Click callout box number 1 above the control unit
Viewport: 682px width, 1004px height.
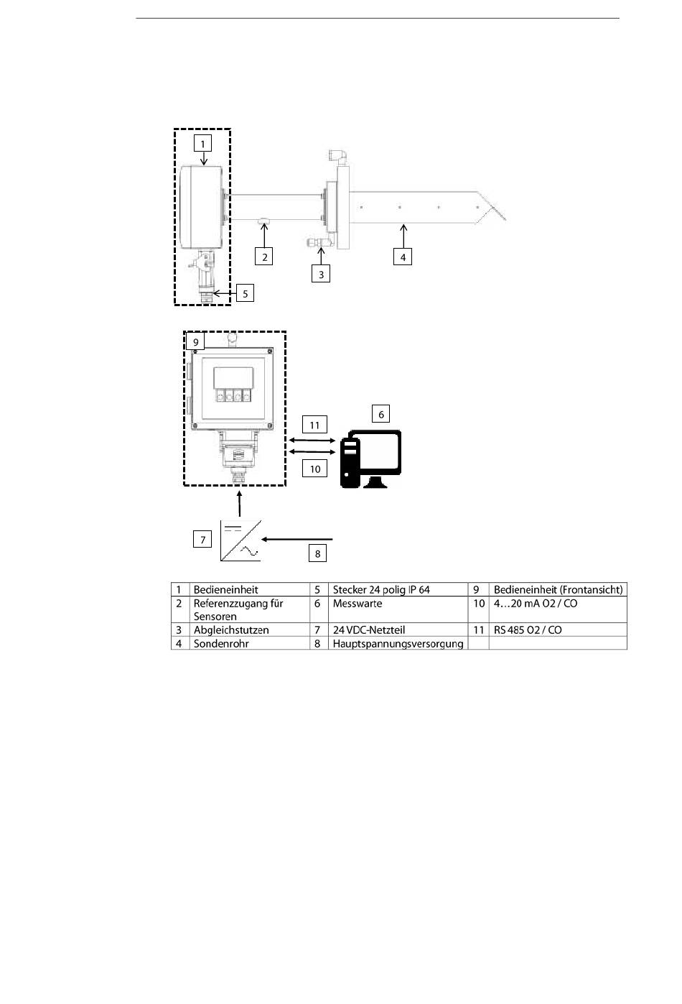click(x=202, y=143)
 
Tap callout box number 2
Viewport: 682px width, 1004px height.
click(x=264, y=256)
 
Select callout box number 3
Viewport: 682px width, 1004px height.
click(x=321, y=274)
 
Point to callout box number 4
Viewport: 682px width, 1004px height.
click(x=403, y=256)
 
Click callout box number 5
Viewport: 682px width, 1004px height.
click(x=245, y=293)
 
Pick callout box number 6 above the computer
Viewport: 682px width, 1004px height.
click(x=381, y=413)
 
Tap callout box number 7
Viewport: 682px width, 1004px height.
click(x=202, y=539)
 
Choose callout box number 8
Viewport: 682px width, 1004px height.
click(x=317, y=553)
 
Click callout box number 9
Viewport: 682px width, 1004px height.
click(x=195, y=342)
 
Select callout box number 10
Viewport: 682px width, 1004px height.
click(x=314, y=469)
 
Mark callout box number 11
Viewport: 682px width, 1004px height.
click(x=314, y=424)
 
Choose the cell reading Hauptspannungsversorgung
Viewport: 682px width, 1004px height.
click(x=398, y=643)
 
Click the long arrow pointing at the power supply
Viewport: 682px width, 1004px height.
click(x=298, y=538)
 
